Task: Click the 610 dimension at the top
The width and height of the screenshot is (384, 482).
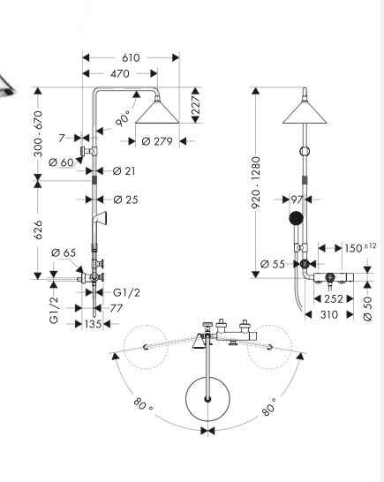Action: [x=131, y=57]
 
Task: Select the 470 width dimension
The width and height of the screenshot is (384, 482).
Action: [x=120, y=74]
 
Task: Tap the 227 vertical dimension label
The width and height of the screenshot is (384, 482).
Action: [x=196, y=105]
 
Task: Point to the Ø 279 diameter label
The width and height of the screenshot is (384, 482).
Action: [x=157, y=141]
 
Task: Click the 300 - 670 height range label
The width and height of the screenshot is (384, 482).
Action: [x=38, y=133]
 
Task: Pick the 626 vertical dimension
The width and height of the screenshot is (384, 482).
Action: [x=38, y=230]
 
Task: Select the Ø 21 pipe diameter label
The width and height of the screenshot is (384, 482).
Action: [x=124, y=171]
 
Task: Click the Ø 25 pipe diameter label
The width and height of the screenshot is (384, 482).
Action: [x=125, y=200]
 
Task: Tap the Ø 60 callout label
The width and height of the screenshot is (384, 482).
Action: [x=61, y=162]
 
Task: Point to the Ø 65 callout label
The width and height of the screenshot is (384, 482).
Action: [x=64, y=252]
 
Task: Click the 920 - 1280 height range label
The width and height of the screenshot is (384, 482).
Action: [x=256, y=183]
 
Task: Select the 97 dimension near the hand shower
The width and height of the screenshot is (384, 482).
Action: [x=297, y=200]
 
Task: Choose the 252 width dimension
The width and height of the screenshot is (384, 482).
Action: [x=334, y=298]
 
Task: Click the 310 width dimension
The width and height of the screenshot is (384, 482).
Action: [x=329, y=314]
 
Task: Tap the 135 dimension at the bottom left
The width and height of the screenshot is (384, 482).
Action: [x=93, y=324]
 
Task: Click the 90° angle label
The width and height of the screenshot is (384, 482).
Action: [x=123, y=119]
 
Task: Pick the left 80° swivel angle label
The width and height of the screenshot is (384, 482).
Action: [x=142, y=404]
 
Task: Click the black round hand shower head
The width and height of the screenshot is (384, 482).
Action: [x=297, y=218]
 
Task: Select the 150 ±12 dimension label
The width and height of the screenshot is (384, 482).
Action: [x=360, y=247]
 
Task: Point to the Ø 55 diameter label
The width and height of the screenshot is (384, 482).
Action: [x=273, y=264]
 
